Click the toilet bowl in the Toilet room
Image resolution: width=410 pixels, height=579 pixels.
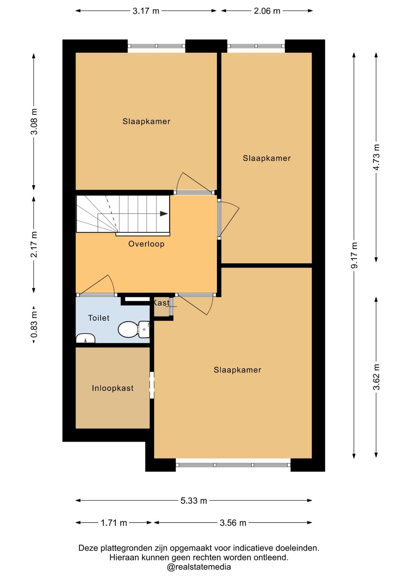[x=134, y=329]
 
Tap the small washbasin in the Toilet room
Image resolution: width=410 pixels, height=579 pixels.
[x=85, y=338]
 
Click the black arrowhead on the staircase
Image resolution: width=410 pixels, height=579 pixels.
[x=164, y=214]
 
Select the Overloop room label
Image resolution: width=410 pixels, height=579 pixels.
[x=147, y=244]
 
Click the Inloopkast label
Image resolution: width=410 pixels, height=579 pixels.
[x=113, y=388]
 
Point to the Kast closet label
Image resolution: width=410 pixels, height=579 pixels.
[x=161, y=303]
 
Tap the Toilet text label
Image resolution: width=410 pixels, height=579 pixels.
[x=99, y=318]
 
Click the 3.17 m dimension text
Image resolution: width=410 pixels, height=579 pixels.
[x=146, y=11]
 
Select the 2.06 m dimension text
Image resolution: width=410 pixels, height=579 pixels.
[x=267, y=11]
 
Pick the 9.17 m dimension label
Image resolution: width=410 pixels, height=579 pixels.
[x=354, y=255]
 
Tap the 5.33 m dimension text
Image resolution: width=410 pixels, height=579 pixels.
[x=194, y=501]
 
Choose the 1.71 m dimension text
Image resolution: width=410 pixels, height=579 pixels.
[x=114, y=523]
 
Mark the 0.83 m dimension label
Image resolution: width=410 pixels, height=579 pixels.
[x=34, y=325]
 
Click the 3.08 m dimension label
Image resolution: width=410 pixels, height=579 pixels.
[x=34, y=121]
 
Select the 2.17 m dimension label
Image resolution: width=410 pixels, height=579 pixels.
[x=34, y=244]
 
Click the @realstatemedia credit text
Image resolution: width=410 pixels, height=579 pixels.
[x=199, y=567]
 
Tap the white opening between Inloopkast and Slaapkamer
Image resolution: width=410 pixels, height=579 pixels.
[x=152, y=385]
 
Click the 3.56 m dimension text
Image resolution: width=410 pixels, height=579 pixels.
[x=233, y=523]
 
